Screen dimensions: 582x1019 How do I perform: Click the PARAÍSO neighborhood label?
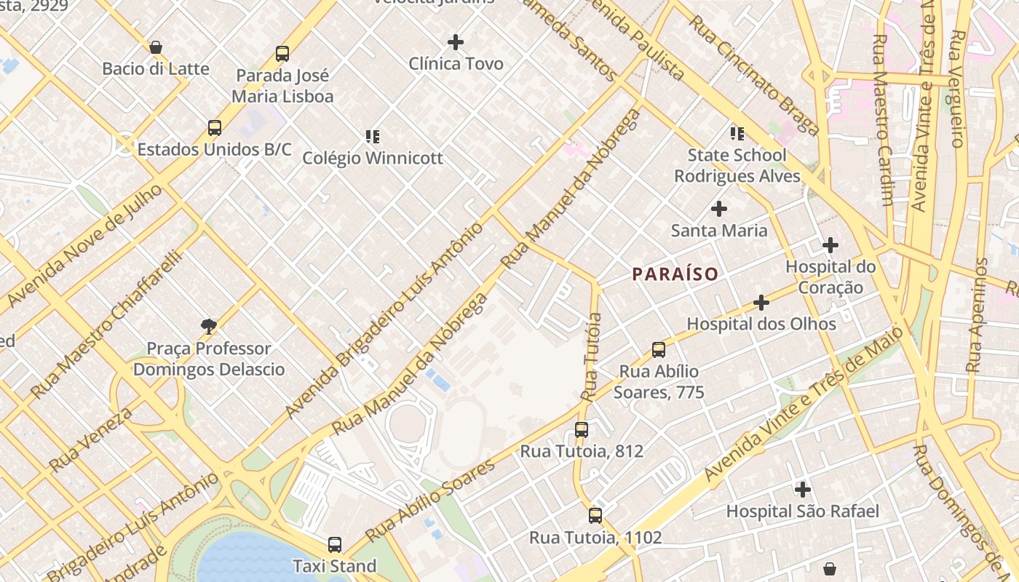pos(675,274)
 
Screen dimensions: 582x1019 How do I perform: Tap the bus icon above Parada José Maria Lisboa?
pos(282,53)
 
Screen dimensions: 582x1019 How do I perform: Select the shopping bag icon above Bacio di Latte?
pos(155,48)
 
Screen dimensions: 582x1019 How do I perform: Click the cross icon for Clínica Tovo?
pos(456,42)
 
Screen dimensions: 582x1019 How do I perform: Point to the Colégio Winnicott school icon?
pos(373,136)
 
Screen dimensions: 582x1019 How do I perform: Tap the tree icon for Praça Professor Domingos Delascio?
pos(209,326)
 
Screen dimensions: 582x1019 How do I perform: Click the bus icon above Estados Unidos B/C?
pos(215,128)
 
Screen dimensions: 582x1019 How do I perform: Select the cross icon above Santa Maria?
pos(719,209)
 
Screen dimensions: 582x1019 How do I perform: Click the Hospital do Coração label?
pos(830,276)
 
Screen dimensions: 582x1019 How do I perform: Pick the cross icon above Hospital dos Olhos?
pos(761,302)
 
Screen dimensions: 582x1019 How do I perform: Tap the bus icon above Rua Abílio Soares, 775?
pos(659,350)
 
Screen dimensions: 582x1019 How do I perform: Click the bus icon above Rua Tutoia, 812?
pos(582,429)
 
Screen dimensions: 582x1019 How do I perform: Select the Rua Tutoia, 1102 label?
pos(595,538)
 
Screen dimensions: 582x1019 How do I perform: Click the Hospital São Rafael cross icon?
pos(803,490)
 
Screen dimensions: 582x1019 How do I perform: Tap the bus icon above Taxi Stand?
pos(335,544)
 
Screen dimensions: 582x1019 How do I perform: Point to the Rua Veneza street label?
pos(91,439)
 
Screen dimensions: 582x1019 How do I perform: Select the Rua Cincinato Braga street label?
pos(754,75)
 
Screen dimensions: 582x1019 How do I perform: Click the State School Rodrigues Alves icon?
pos(737,134)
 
